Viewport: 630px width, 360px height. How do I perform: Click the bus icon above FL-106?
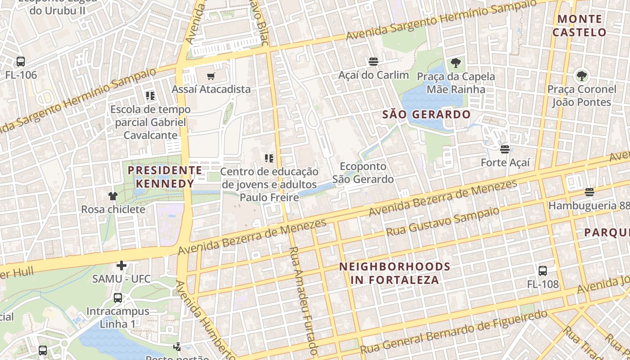click(x=20, y=62)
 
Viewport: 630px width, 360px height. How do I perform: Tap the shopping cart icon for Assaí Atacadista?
click(x=211, y=76)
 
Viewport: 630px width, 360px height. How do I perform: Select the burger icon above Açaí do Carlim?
click(x=373, y=61)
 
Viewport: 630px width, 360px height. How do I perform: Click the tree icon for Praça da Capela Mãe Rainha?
click(x=456, y=63)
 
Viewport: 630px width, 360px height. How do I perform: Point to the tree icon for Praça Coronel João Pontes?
click(x=581, y=75)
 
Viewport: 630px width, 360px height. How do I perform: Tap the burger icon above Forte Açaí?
click(x=505, y=149)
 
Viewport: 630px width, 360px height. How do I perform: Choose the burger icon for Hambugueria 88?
click(x=589, y=193)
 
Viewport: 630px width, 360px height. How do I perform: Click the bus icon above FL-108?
click(x=543, y=271)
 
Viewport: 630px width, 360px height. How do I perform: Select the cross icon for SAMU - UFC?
click(x=121, y=265)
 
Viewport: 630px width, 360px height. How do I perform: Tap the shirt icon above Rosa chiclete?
click(x=112, y=196)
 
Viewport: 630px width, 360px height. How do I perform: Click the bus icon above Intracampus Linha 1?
click(x=117, y=298)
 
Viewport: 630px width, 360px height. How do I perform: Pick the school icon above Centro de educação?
click(x=269, y=158)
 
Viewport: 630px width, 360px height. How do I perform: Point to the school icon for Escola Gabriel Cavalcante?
click(x=150, y=96)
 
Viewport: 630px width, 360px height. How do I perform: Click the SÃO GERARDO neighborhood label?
click(x=426, y=115)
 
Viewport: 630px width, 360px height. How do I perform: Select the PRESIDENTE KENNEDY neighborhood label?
click(x=165, y=177)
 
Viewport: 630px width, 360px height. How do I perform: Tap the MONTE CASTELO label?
click(x=580, y=26)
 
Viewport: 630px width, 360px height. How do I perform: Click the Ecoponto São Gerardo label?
click(x=363, y=173)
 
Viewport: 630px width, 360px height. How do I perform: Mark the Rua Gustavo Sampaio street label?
click(x=443, y=222)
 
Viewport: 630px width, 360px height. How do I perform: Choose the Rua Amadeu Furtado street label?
click(x=302, y=300)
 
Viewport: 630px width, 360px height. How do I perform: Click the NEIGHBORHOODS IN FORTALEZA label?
click(x=395, y=273)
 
